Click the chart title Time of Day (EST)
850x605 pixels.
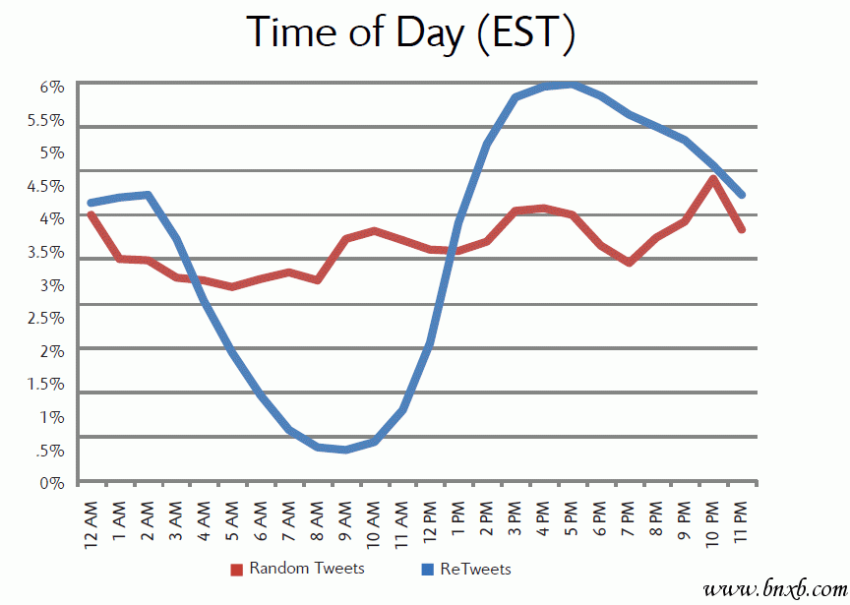pos(411,31)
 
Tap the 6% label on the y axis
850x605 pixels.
pos(51,87)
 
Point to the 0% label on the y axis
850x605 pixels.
pos(51,483)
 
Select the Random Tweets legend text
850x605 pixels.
pos(306,569)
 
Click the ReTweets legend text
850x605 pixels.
pos(475,569)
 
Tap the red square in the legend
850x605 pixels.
pos(236,570)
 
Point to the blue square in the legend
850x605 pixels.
pos(426,570)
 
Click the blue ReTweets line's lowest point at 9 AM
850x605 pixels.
pos(345,450)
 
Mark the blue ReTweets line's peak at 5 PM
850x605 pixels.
pos(572,85)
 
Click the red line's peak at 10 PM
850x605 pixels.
pos(712,178)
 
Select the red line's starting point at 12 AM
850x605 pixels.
pos(91,213)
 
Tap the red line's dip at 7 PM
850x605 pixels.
pos(629,263)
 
